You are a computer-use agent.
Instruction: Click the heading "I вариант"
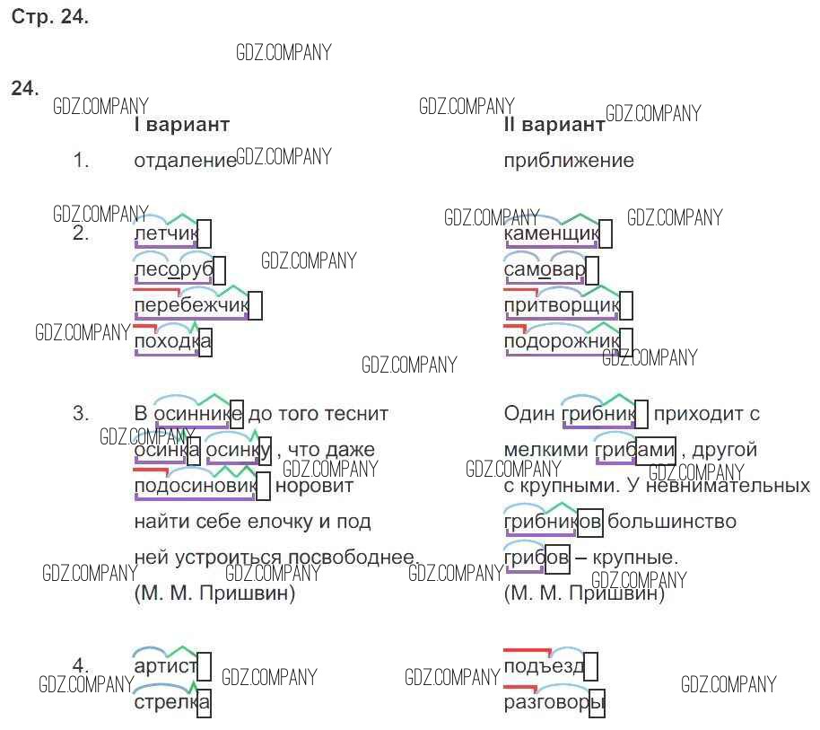coord(181,125)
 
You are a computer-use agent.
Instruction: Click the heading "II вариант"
coord(554,125)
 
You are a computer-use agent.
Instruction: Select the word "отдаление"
coord(184,161)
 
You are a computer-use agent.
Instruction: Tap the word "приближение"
coord(569,161)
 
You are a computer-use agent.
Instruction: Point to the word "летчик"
coord(165,234)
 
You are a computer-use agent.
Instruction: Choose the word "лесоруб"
coord(173,270)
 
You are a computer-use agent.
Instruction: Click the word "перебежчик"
coord(190,306)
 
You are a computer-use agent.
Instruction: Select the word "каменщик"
coord(552,234)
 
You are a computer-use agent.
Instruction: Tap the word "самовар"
coord(545,270)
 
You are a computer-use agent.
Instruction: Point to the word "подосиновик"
coord(195,486)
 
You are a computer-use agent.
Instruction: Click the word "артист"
coord(164,666)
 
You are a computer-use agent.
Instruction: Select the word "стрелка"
coord(170,702)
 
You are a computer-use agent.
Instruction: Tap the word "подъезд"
coord(544,666)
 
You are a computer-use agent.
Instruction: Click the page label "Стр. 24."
coord(50,18)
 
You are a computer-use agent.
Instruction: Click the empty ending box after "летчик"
coord(205,233)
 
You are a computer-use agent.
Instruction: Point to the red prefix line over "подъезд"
coord(526,649)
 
